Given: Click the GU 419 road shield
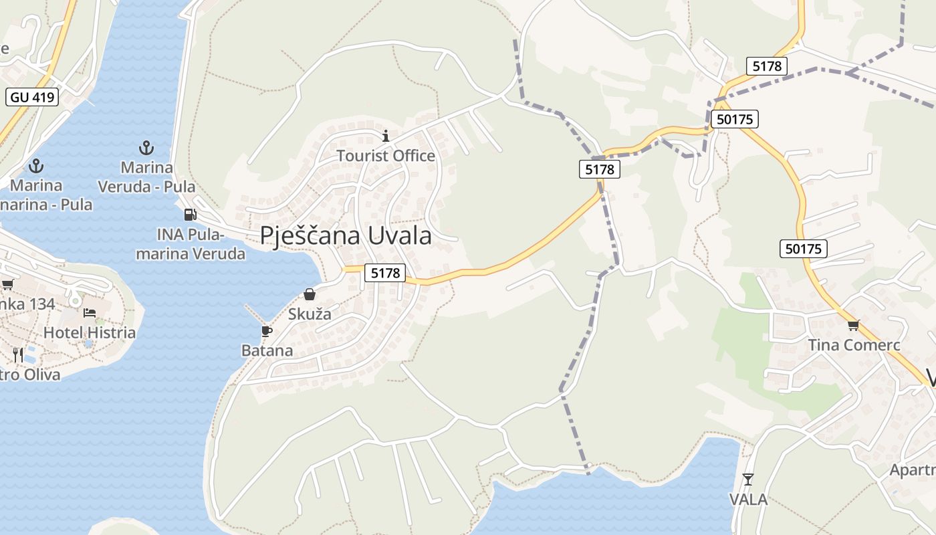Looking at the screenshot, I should [32, 97].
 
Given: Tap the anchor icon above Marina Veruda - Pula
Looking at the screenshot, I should [146, 147].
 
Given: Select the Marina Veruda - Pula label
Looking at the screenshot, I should [147, 177].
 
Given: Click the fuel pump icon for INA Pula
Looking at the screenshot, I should [191, 215].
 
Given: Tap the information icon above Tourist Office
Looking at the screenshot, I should [385, 136].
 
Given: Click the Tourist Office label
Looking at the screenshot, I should [386, 156].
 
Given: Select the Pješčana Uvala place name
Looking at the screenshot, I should [346, 235].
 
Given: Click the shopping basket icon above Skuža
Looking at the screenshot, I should [310, 294].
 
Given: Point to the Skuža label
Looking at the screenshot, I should [310, 314].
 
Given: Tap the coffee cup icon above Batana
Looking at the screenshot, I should [266, 331].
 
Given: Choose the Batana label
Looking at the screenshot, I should [267, 350].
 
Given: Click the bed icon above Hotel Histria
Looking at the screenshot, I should [90, 313].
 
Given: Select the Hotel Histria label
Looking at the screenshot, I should [90, 332].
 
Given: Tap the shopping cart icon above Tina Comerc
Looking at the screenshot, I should [853, 326].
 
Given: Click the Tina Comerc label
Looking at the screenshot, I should [854, 345].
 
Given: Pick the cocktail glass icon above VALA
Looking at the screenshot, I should [748, 479].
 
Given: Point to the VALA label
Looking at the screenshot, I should [748, 499].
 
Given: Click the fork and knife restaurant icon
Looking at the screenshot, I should [18, 354].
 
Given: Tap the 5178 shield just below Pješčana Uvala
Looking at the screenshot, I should [386, 273].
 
